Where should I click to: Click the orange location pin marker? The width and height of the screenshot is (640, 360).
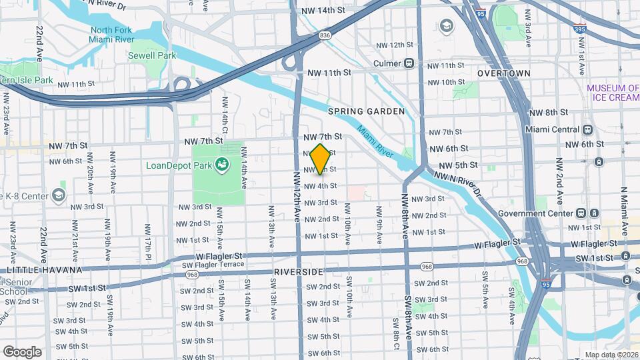point(321,159)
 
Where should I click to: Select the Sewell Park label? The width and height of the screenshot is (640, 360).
point(152,55)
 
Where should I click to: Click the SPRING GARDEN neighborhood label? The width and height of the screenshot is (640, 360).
point(366,111)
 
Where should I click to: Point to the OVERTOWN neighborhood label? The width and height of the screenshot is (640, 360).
point(504,73)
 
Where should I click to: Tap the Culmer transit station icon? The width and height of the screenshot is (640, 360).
point(409,63)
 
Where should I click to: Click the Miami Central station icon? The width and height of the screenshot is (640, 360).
point(587,129)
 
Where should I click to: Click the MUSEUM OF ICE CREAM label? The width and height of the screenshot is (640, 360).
point(613,93)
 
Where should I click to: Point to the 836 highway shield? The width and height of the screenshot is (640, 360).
point(325,35)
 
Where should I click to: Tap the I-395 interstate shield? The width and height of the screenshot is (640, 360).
point(580,29)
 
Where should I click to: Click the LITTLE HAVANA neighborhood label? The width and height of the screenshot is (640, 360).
point(44,270)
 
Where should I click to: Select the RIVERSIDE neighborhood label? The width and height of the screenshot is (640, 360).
point(298,272)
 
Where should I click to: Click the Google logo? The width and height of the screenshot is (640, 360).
point(21,351)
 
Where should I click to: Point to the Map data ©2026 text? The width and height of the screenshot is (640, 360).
point(611,355)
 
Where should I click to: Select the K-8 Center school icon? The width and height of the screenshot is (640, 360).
point(59,195)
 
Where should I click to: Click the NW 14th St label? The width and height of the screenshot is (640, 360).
point(323,11)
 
